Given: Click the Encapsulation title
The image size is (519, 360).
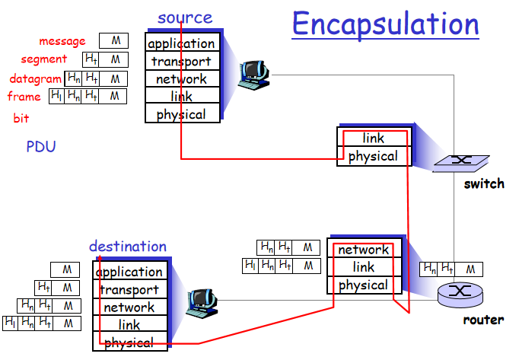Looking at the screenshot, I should click(385, 24).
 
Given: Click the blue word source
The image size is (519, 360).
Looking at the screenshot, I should click(185, 17).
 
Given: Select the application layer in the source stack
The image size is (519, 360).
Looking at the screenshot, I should click(181, 43).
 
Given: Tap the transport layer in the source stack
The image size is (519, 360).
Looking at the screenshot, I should click(181, 61).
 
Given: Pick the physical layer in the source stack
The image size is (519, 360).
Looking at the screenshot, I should click(181, 114).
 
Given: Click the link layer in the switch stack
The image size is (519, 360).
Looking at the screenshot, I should click(373, 139).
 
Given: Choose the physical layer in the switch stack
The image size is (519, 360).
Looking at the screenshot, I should click(373, 156).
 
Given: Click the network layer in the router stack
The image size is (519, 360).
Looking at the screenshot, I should click(363, 250).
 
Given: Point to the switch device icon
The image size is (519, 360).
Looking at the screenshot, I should click(459, 162).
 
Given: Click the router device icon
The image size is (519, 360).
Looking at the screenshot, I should click(459, 292).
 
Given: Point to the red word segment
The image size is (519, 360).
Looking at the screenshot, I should click(43, 59).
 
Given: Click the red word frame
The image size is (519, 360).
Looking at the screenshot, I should click(24, 97).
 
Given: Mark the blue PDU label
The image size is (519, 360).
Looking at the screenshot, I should click(41, 146).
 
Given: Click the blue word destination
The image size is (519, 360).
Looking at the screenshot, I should click(127, 246).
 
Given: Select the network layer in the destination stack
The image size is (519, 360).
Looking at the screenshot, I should click(129, 307).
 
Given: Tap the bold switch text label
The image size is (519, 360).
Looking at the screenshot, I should click(484, 183).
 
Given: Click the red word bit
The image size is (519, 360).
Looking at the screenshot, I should click(21, 119).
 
